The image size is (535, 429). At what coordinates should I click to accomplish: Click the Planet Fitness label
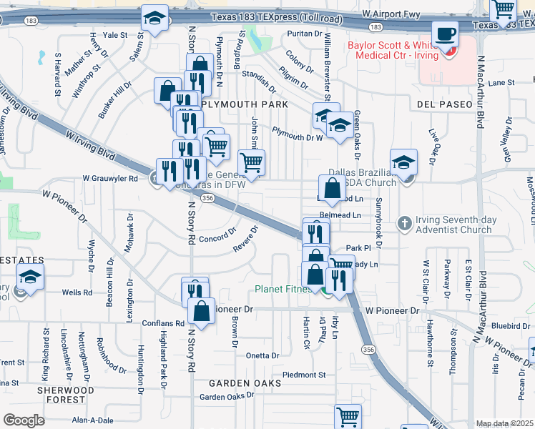tap(283, 290)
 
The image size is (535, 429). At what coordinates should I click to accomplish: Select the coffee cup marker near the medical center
tap(445, 35)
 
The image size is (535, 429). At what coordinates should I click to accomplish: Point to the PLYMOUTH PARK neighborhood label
tap(244, 104)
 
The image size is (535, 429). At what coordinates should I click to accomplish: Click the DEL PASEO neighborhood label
tap(444, 104)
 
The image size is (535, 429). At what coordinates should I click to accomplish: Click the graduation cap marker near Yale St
tap(154, 19)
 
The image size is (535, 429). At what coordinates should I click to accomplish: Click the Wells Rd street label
tap(77, 292)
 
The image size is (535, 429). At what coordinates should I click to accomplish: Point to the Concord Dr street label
tap(217, 237)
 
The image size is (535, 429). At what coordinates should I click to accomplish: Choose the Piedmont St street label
tap(304, 375)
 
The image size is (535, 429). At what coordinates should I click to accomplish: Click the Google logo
tap(24, 420)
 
